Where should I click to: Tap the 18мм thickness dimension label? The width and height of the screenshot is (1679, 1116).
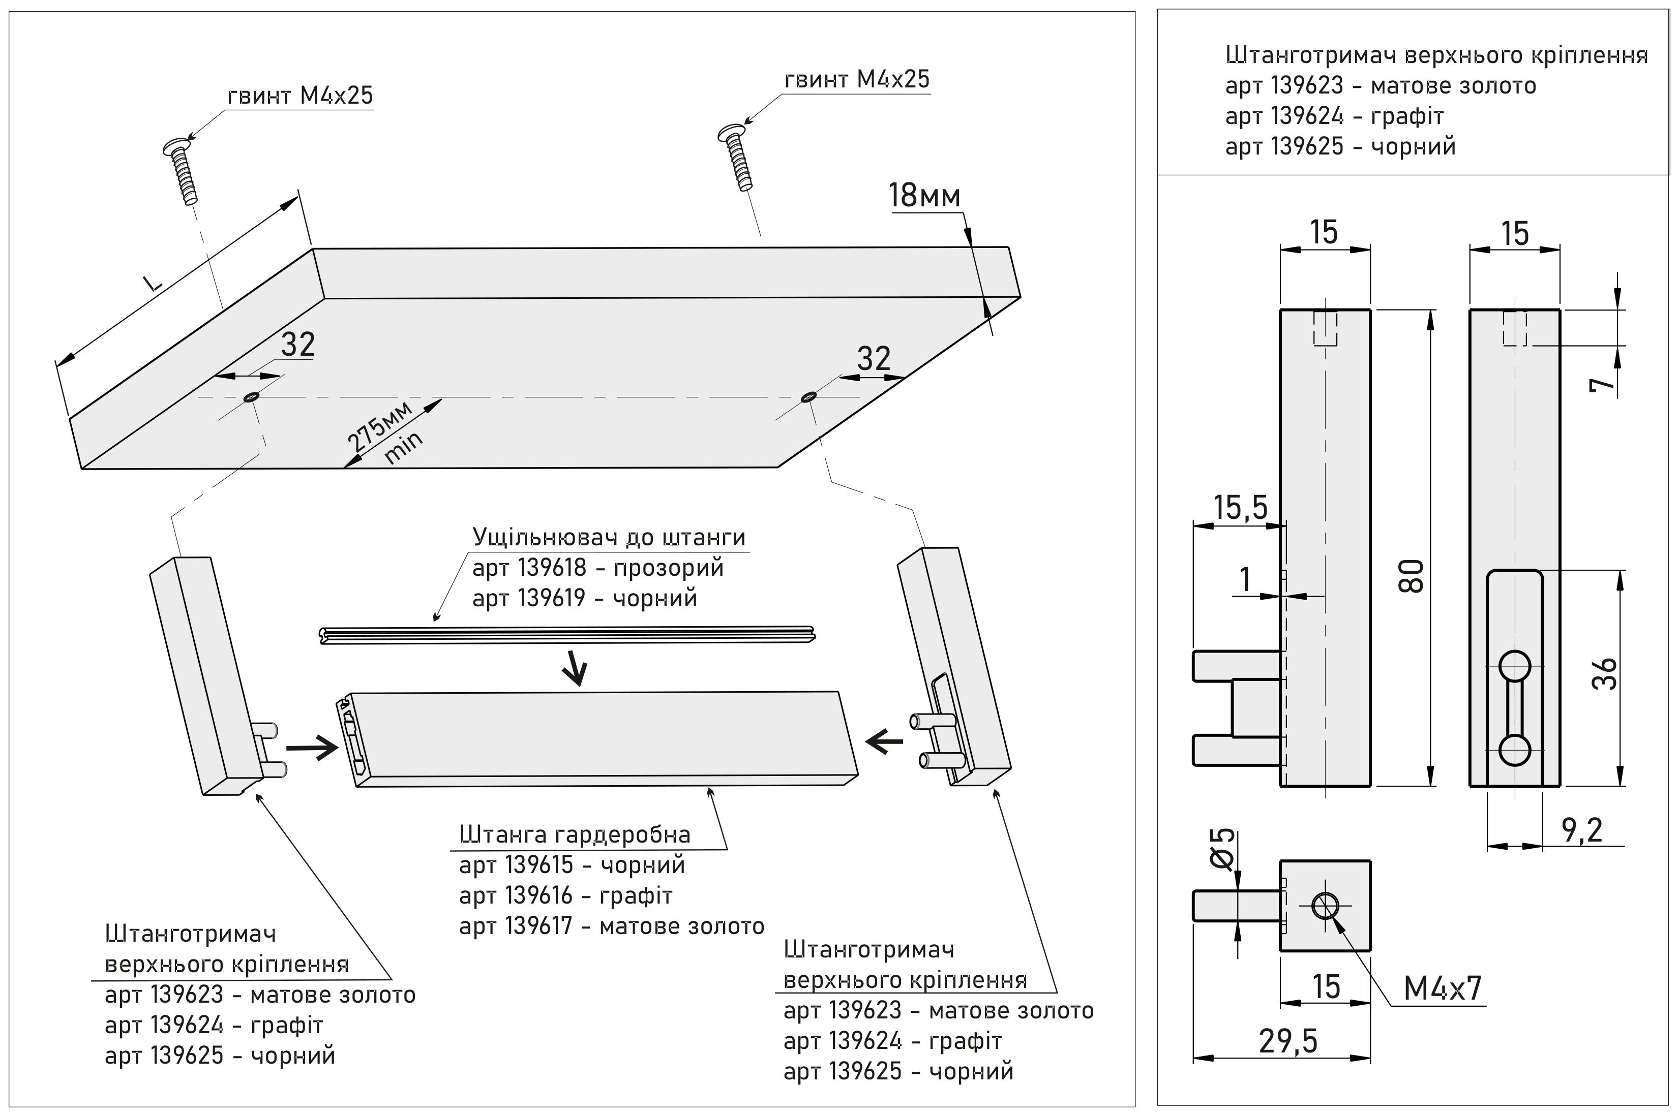(x=924, y=197)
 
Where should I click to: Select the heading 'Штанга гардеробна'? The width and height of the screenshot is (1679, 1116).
(x=575, y=834)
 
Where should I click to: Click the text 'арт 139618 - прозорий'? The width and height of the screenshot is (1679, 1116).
(x=597, y=568)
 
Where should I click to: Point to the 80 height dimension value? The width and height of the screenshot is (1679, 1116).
(x=1414, y=576)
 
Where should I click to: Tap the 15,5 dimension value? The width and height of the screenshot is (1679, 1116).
(x=1240, y=508)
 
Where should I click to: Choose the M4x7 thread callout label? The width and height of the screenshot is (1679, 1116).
(x=1443, y=988)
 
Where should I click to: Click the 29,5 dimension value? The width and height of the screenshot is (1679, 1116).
(x=1288, y=1041)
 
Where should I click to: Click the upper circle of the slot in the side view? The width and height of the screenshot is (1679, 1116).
(x=1515, y=667)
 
